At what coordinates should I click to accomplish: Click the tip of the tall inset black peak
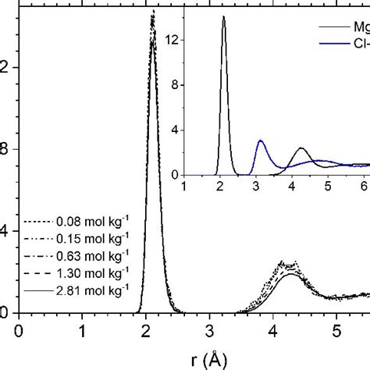click(x=223, y=17)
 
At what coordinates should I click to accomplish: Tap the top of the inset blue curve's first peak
click(x=260, y=141)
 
